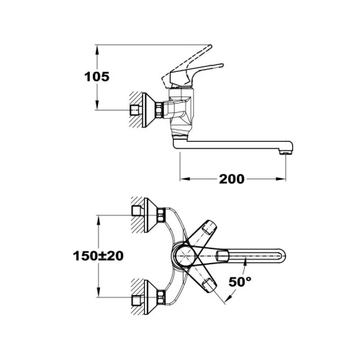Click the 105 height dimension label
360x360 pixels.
pos(96,77)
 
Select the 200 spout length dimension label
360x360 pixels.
pos(232,179)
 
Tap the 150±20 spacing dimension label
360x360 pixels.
pos(98,256)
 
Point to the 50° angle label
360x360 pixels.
pos(240,282)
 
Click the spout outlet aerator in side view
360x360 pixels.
pos(286,152)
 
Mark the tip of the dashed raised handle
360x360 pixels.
pos(210,46)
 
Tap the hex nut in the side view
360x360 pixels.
pos(159,110)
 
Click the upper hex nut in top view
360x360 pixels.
pos(161,215)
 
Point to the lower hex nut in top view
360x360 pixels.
pos(161,297)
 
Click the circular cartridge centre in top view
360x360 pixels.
pos(184,256)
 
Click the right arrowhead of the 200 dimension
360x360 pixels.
pos(281,179)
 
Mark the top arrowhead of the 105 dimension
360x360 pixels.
pos(97,51)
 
